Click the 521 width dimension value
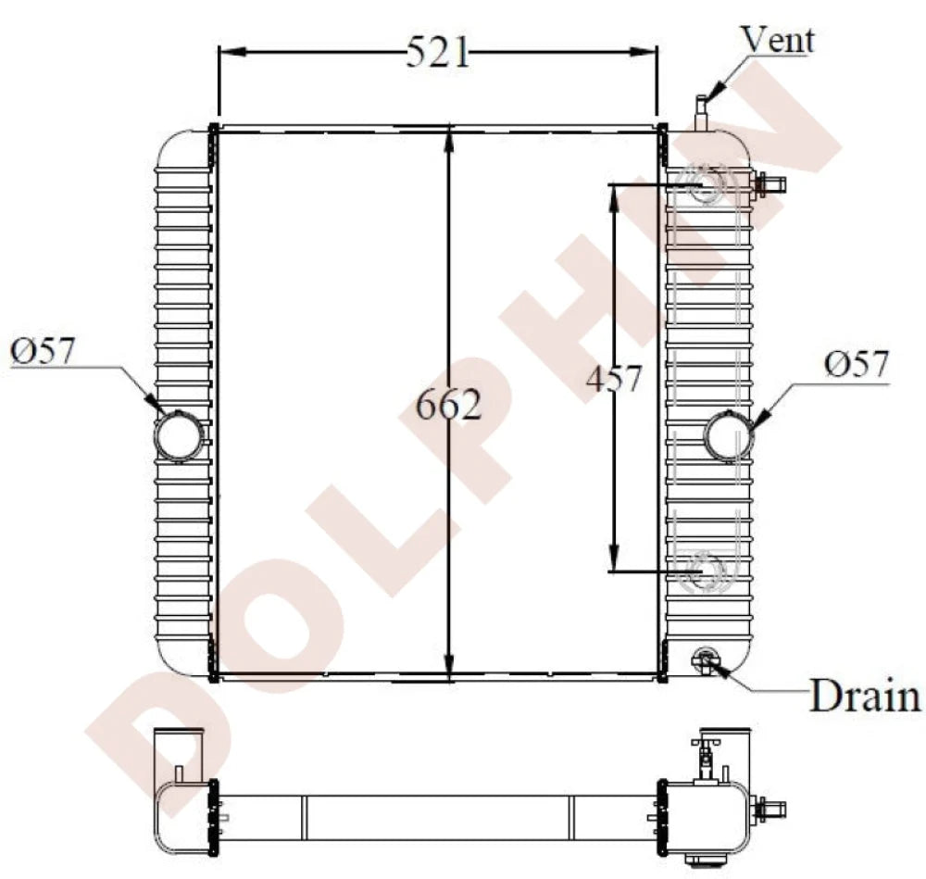438,54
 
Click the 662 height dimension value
449,405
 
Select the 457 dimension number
613,378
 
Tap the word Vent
778,40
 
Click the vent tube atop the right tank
701,112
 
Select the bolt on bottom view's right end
770,810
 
